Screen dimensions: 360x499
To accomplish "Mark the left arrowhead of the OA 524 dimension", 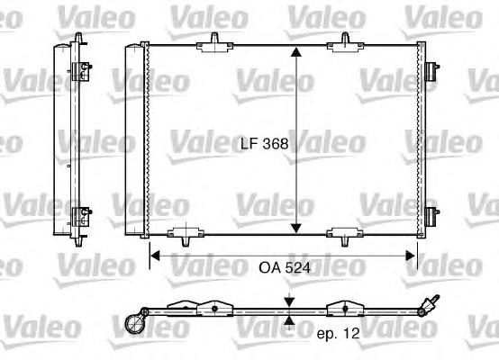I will (x=154, y=255).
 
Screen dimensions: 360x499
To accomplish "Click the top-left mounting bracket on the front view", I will (x=216, y=40).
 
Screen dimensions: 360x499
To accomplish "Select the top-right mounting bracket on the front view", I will (x=345, y=40).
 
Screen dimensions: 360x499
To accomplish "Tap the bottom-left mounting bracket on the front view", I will (x=184, y=237).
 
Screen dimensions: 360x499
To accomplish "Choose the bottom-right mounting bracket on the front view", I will (x=345, y=237).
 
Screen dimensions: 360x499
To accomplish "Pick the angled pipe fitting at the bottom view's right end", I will (x=430, y=302).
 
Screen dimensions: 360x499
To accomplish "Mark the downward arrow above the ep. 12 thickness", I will (x=289, y=301).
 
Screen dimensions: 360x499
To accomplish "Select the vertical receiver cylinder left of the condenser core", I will (x=133, y=139).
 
